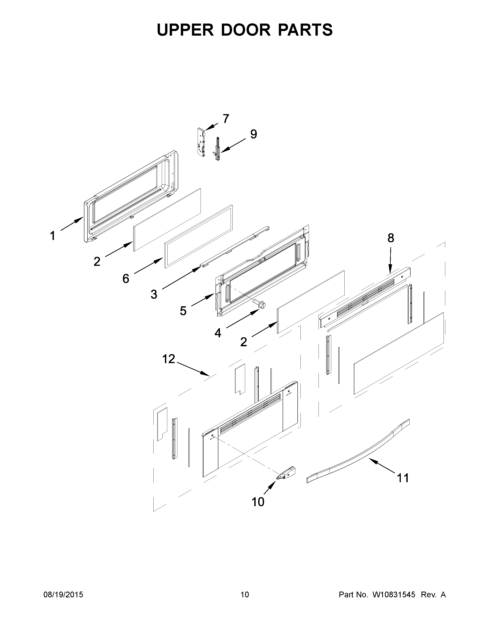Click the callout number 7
(226, 119)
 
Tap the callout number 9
(254, 134)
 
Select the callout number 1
(52, 236)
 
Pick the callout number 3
(154, 294)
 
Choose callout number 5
(183, 311)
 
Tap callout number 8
(390, 238)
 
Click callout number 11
(403, 478)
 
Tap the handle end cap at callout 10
(286, 473)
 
